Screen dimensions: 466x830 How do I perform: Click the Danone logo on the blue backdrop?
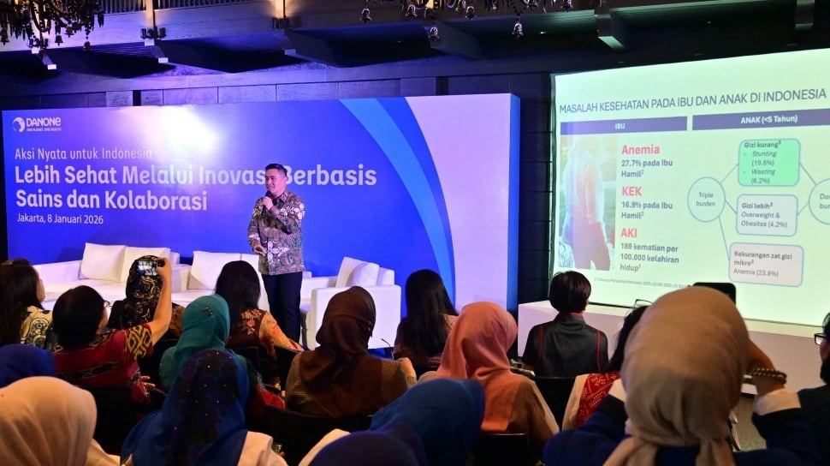(37, 124)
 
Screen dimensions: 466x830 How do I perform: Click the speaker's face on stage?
(276, 178)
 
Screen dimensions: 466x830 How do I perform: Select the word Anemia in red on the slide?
(640, 149)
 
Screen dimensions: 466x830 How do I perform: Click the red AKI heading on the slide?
(629, 232)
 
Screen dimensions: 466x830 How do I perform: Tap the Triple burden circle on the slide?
(706, 199)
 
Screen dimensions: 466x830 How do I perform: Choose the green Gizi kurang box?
(768, 162)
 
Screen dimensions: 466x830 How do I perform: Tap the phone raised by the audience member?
(146, 267)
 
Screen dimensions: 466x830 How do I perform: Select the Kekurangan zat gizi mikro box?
(765, 264)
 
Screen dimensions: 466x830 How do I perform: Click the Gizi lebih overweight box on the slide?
(766, 214)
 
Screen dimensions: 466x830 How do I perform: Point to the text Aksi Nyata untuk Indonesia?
(76, 154)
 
